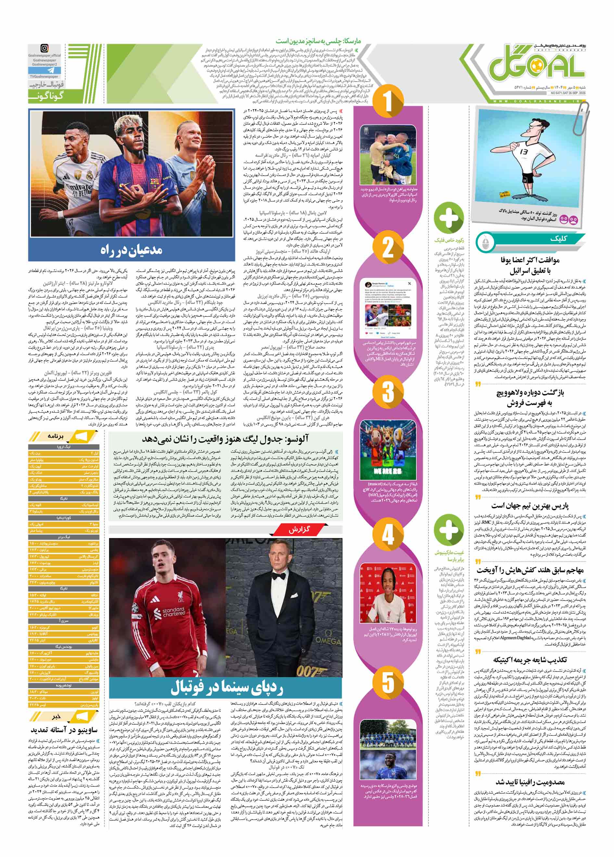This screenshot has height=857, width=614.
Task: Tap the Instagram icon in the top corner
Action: pos(45,48)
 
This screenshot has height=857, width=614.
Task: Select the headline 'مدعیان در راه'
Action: pos(131,251)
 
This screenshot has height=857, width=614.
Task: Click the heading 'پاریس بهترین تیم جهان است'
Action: pos(530,506)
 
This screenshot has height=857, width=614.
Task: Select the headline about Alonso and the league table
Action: pos(225,439)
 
